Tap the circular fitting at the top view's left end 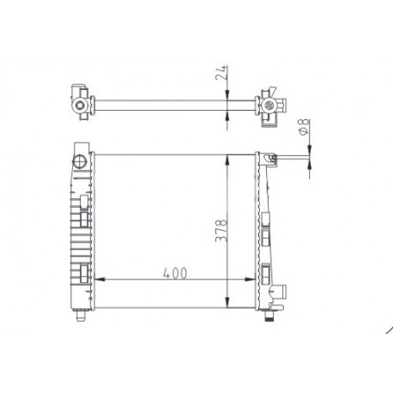coord(80,106)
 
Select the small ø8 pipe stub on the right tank coord(287,157)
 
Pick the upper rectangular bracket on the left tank coord(82,203)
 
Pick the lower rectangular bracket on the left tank coord(82,275)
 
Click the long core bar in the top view coord(172,106)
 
